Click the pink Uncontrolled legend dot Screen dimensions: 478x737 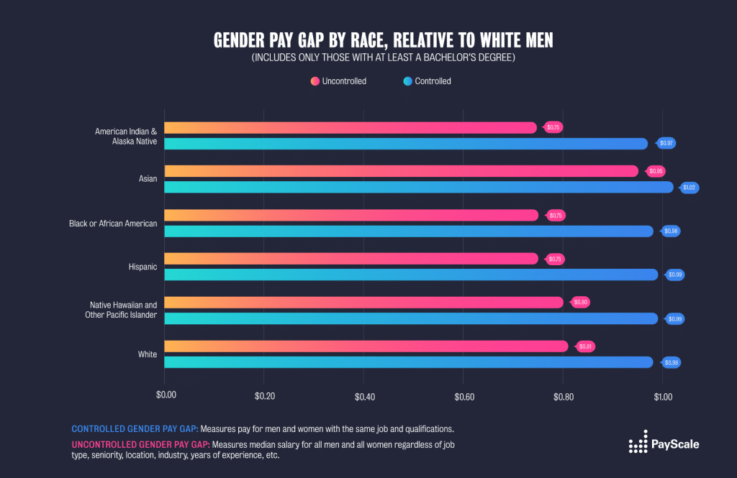315,81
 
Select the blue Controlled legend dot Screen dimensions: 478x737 408,81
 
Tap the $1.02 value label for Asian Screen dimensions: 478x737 690,188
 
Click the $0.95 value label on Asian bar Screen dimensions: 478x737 656,171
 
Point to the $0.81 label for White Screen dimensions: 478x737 586,346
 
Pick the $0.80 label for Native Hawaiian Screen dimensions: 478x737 581,303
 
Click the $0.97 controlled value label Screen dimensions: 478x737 667,144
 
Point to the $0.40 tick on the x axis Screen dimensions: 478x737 364,396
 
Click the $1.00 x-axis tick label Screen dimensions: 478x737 663,396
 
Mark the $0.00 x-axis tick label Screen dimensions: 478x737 166,396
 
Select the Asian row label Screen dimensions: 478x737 148,179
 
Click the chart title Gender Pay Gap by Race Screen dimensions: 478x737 382,40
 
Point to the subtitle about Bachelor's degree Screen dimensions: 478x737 382,58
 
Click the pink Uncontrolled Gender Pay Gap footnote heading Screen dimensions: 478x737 141,443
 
